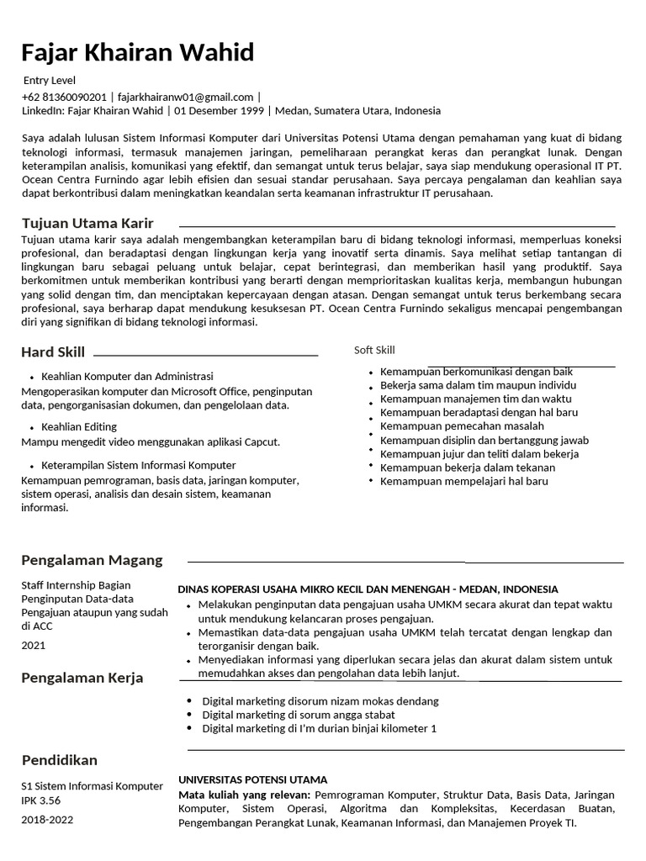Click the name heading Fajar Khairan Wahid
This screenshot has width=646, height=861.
point(137,54)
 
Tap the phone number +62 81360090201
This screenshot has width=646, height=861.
point(65,97)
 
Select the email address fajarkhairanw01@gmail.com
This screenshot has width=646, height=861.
point(185,97)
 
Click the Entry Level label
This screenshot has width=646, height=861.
point(49,81)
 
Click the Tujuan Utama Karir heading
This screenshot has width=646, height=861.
point(87,223)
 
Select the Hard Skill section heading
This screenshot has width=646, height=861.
point(53,352)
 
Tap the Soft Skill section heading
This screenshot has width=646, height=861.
point(374,350)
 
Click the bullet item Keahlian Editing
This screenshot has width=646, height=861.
point(79,427)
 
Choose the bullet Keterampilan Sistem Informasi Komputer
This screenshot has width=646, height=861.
point(139,465)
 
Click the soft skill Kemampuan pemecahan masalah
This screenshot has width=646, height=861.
point(462,426)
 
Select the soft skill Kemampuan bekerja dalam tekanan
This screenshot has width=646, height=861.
point(468,467)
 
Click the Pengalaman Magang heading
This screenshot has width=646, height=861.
point(92,560)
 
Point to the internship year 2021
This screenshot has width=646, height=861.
point(34,646)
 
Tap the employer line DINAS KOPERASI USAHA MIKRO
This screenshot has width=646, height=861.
point(368,589)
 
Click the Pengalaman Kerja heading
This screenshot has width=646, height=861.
point(82,678)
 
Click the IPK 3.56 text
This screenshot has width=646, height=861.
point(41,800)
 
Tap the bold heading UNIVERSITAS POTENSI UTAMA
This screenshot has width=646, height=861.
point(253,779)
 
